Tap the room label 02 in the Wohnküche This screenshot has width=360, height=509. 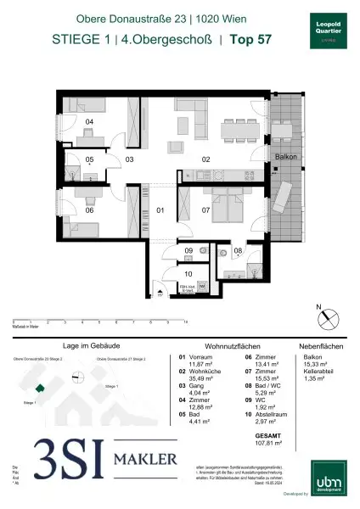205,159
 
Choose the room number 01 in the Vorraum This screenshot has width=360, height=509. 159,209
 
